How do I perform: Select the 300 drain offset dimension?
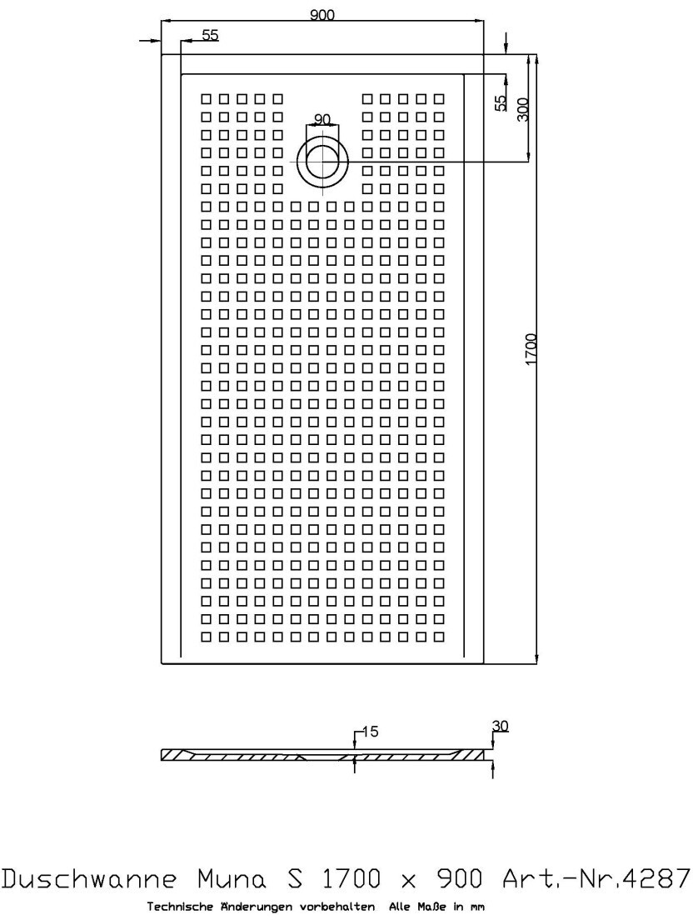tap(523, 109)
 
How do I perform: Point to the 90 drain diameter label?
tap(322, 118)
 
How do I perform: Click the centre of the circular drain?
tap(322, 160)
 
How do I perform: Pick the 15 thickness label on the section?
tap(370, 732)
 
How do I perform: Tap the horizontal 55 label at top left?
tap(210, 35)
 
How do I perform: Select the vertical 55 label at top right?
tap(500, 102)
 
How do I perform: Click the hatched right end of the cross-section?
tap(471, 755)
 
